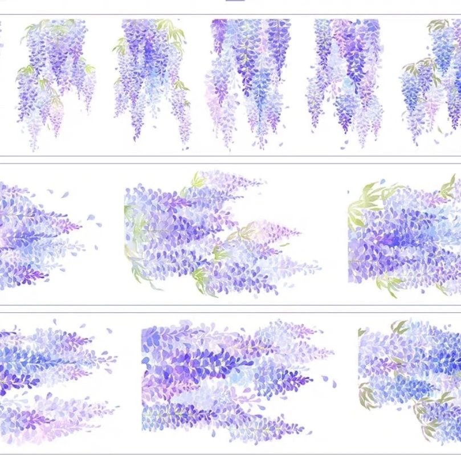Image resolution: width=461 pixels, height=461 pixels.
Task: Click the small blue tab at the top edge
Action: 235,1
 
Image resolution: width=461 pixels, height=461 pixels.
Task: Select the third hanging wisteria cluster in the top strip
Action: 248,80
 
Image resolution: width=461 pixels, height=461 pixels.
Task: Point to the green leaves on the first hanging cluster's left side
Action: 25,71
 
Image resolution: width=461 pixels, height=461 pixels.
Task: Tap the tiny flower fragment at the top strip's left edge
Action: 1,43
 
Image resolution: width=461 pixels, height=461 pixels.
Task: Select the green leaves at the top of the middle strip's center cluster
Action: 197,181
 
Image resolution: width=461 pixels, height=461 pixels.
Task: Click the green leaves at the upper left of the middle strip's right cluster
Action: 365,197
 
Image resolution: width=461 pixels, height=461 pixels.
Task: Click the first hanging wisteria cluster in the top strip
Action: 54,80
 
